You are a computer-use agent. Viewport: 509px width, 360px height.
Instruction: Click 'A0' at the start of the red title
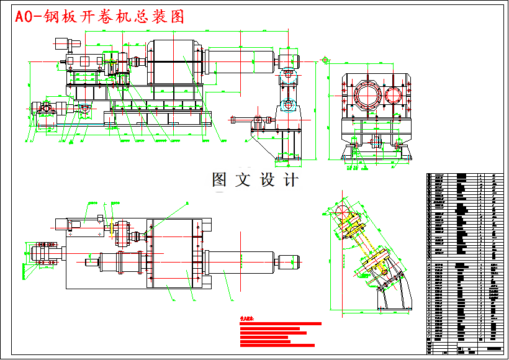(x=25, y=17)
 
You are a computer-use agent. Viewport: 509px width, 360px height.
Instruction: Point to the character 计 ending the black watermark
(x=289, y=180)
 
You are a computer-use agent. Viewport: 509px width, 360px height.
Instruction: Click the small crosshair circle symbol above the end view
(x=324, y=60)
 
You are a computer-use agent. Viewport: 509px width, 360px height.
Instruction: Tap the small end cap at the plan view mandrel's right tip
(x=289, y=261)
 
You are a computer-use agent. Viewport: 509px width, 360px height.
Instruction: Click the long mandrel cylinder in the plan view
(x=242, y=261)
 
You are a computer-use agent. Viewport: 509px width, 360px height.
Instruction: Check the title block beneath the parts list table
(x=465, y=350)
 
